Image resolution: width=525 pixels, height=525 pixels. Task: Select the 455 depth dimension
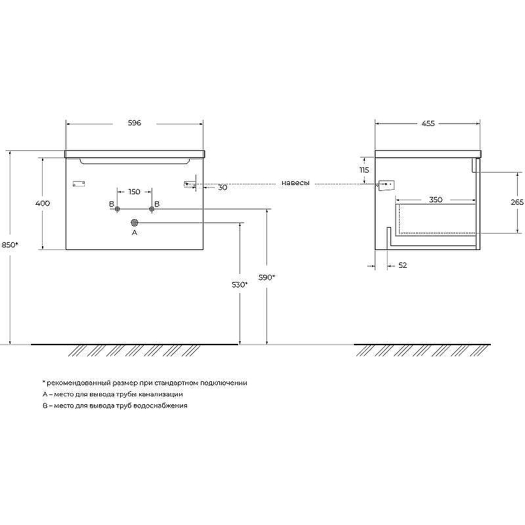click(x=428, y=123)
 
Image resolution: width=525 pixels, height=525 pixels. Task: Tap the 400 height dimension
click(x=43, y=203)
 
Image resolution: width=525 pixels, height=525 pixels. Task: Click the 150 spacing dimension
click(x=134, y=192)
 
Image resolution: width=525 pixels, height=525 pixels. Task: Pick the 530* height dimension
click(x=240, y=285)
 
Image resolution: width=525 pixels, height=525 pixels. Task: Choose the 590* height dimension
click(x=266, y=278)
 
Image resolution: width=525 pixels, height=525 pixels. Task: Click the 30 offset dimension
click(x=222, y=188)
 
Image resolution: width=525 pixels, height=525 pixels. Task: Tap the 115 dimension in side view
click(x=364, y=170)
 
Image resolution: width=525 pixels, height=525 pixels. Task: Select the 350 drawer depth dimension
click(x=436, y=199)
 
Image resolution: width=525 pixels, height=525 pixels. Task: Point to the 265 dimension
click(x=517, y=202)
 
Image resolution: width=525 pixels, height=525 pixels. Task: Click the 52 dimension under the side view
click(x=403, y=265)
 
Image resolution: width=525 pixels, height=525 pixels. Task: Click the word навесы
click(x=295, y=183)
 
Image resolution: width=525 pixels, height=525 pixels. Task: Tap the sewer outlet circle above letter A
click(x=135, y=222)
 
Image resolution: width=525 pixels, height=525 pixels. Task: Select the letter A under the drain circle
click(x=135, y=232)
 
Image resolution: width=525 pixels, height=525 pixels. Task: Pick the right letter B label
click(x=157, y=204)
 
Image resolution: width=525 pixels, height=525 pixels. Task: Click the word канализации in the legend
click(x=161, y=394)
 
